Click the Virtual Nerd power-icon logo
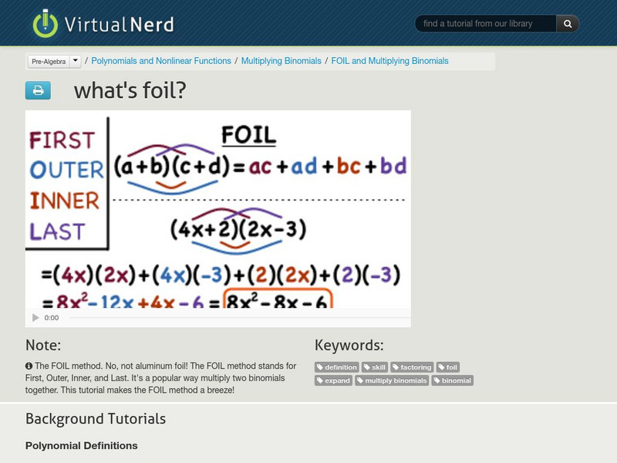(45, 23)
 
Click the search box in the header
(486, 24)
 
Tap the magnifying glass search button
(568, 24)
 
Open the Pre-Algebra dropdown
(54, 61)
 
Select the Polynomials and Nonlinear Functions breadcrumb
(161, 61)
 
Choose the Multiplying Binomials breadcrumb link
(281, 61)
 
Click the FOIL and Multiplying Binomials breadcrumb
(389, 61)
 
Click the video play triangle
(35, 318)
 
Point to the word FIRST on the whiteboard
(62, 140)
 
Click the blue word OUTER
(66, 171)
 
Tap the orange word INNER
(65, 201)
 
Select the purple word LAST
(57, 231)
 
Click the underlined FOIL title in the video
(248, 136)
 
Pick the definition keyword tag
(337, 367)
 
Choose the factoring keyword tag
(412, 367)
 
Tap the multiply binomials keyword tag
(392, 380)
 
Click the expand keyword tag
(334, 380)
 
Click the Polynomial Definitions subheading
(82, 445)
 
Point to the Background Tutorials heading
(96, 419)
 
